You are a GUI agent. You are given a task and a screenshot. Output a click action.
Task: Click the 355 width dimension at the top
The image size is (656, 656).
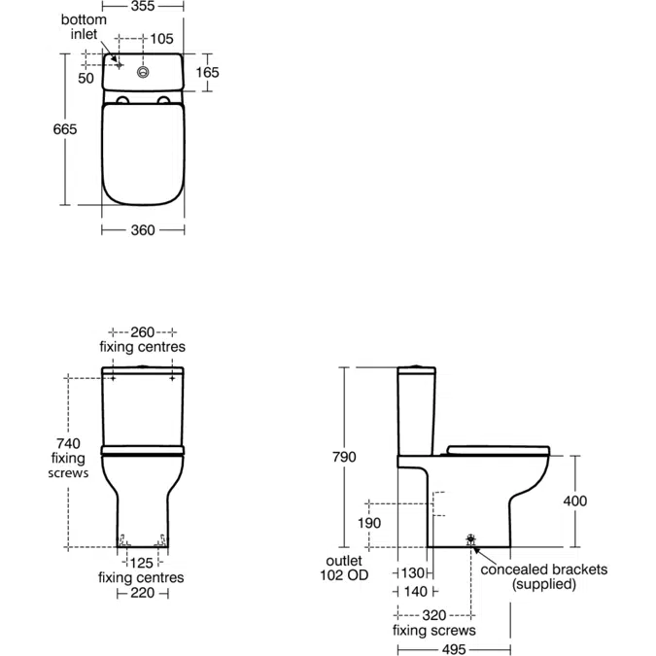(x=143, y=6)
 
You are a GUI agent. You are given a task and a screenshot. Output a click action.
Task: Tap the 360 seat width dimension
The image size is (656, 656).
(x=143, y=230)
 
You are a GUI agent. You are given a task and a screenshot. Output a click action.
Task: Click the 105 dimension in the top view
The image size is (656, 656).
(x=160, y=39)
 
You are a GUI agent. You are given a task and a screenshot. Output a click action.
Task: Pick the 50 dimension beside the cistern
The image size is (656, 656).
(x=86, y=78)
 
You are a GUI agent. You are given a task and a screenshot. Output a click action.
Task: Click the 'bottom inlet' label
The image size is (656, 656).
(x=84, y=27)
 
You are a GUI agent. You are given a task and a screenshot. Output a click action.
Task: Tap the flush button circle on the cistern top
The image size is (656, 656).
(x=144, y=71)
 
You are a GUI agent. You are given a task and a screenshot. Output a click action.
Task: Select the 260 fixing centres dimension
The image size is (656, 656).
(x=143, y=330)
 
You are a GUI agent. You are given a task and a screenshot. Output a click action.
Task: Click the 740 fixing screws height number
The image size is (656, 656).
(x=69, y=443)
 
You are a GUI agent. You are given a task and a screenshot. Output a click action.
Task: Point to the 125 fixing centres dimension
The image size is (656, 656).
(x=142, y=562)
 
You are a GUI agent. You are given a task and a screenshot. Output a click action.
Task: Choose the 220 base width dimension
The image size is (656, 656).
(x=142, y=593)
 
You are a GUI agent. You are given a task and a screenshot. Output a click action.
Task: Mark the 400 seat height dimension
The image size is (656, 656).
(x=574, y=501)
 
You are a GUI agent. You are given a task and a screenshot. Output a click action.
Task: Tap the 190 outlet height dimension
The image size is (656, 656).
(x=369, y=523)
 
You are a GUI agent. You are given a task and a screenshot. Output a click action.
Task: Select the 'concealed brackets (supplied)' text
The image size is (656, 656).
(x=543, y=577)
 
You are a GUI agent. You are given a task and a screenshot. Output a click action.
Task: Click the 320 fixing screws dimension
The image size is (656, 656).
(x=433, y=615)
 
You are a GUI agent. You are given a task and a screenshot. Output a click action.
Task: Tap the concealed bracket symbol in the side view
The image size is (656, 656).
(x=472, y=539)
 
